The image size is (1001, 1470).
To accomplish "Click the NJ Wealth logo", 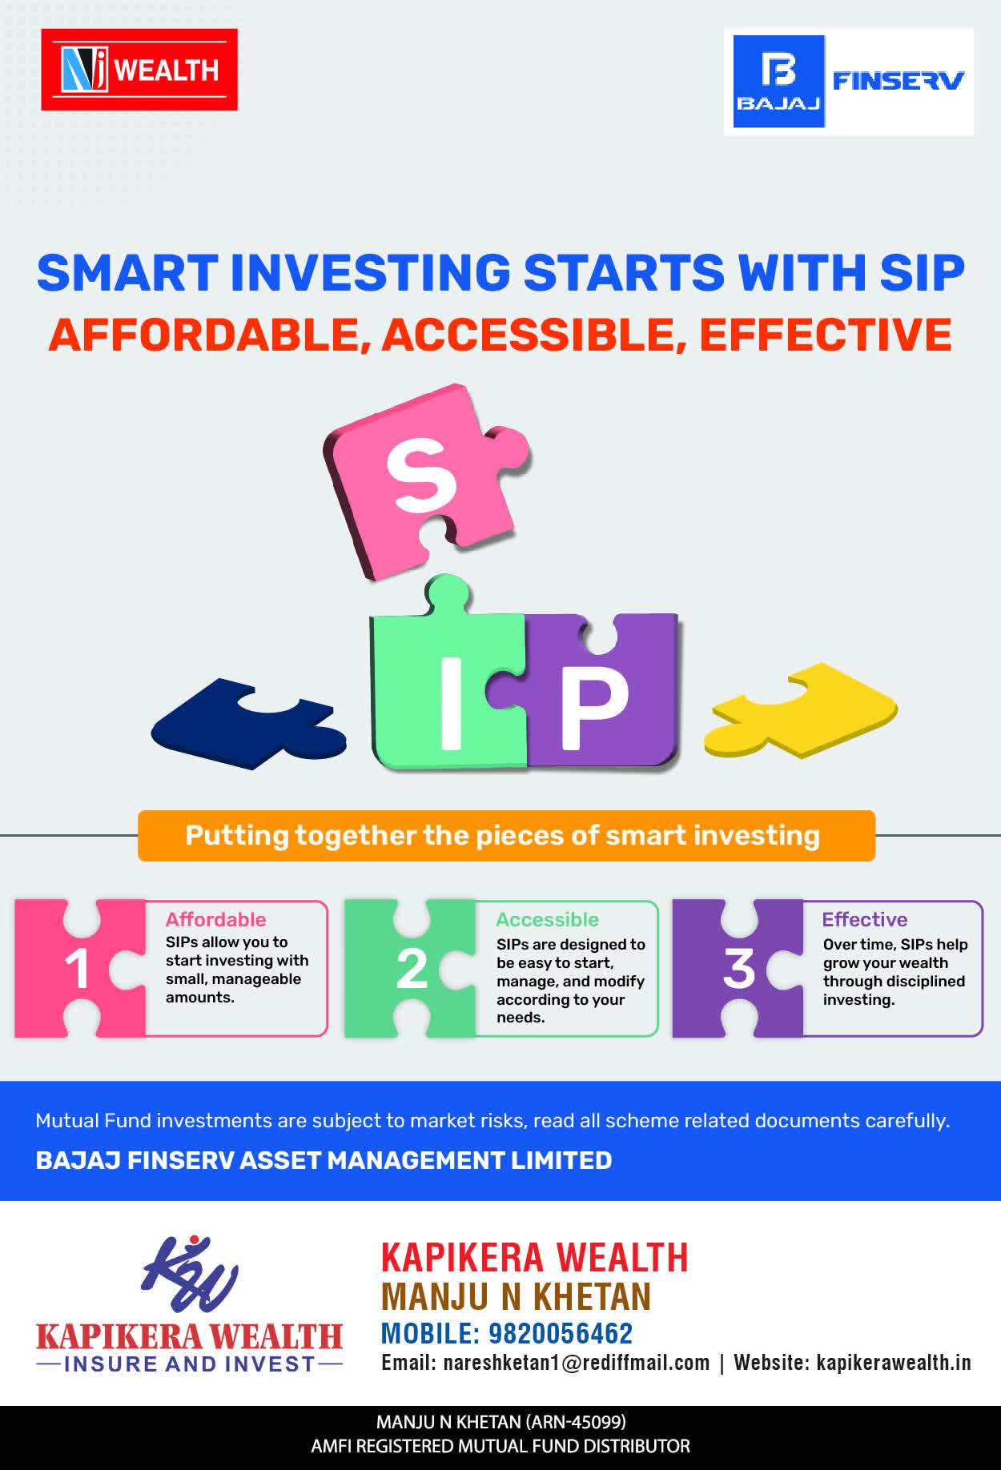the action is [x=139, y=70].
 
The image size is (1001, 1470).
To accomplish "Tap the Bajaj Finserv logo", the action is [x=849, y=82].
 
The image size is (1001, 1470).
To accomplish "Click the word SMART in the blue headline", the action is [x=127, y=273].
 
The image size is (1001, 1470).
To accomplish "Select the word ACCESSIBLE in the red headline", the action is [x=534, y=335].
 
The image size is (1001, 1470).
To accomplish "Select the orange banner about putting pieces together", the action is [x=506, y=836].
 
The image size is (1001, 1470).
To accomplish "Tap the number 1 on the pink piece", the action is [x=77, y=969].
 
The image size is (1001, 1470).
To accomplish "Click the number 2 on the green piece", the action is [x=412, y=969].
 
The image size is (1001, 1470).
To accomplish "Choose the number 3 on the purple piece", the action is [x=739, y=968].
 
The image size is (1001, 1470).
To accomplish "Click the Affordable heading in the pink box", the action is [x=215, y=919].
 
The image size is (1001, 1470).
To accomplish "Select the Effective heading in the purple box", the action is [x=865, y=919].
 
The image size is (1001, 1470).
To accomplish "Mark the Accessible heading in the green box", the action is [x=547, y=919].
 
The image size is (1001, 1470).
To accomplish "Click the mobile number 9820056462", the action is [x=561, y=1333].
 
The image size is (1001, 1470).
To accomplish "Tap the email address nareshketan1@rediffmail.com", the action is [x=577, y=1363].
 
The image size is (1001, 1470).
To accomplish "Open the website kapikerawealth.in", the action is [x=894, y=1363].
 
